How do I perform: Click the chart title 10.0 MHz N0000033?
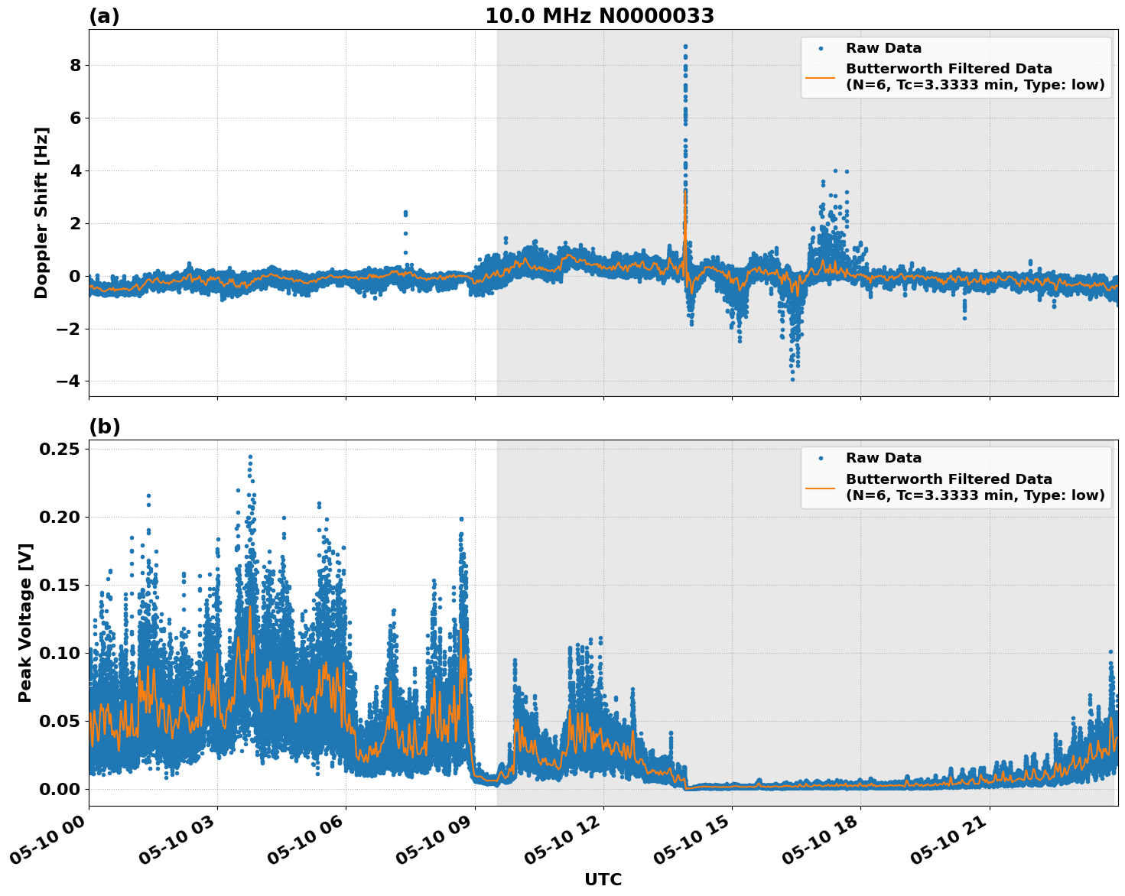600,16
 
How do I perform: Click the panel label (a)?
104,16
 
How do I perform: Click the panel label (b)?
104,427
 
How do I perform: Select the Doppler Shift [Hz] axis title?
41,213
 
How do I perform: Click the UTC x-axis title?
603,879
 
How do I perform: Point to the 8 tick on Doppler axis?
75,65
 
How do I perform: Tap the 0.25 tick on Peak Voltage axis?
60,449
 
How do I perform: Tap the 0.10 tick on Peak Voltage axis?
60,653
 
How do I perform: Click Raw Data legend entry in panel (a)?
883,48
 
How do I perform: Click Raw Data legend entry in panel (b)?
883,458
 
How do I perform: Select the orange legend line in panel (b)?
821,488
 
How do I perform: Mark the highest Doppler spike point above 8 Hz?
685,47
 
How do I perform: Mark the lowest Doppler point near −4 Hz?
792,379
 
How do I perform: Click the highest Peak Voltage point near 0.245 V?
250,457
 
